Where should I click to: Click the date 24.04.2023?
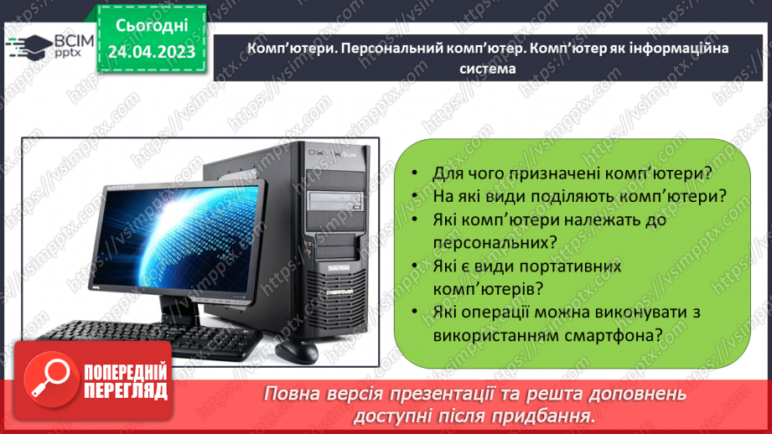(x=151, y=53)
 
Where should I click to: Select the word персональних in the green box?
(x=495, y=241)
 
